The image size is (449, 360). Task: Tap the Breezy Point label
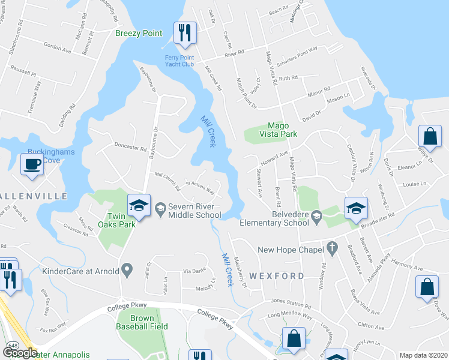tap(139, 33)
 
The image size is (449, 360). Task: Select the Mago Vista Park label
tap(275, 130)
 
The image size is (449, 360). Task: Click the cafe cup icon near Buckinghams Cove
tap(32, 164)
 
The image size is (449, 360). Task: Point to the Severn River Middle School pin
tap(160, 209)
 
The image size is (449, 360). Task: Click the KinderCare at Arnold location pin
tap(126, 271)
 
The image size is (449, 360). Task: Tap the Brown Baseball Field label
tap(142, 322)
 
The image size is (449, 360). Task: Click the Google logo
tap(20, 353)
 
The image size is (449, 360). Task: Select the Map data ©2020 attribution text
tap(423, 355)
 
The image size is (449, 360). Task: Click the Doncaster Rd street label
tap(131, 148)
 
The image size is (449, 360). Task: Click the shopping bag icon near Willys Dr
tap(430, 136)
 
